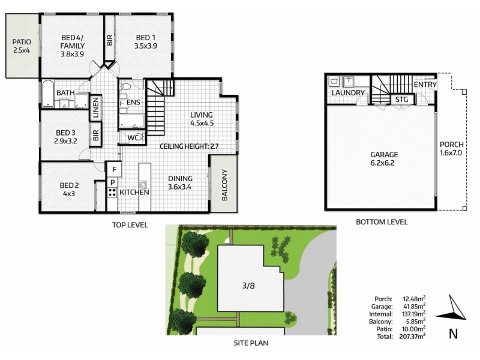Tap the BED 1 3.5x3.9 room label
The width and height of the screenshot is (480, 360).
[146, 41]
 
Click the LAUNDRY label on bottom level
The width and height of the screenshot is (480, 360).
[347, 93]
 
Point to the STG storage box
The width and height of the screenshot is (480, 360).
[401, 100]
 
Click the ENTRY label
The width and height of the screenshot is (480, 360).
[425, 85]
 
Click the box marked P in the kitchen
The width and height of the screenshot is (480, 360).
[112, 182]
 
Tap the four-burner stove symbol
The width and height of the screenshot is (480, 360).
[112, 193]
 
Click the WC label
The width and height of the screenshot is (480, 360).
[135, 138]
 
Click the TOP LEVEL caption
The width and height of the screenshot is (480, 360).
[130, 225]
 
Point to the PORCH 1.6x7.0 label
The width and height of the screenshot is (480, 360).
[451, 148]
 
